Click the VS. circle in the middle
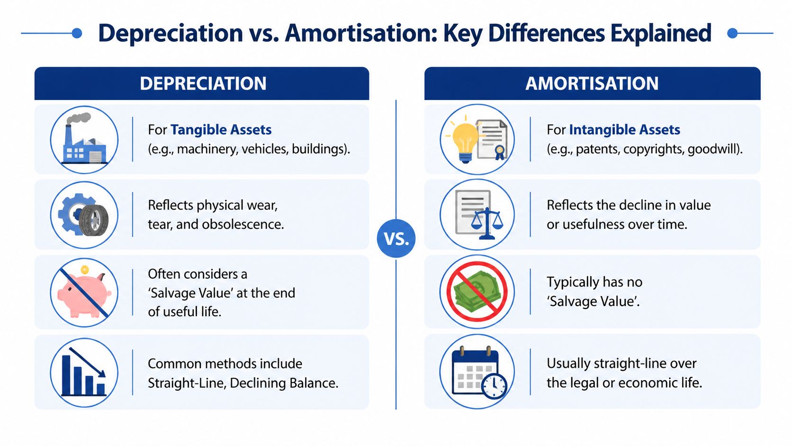(396, 238)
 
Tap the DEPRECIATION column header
(203, 83)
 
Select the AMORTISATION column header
(592, 83)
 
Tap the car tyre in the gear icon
(94, 220)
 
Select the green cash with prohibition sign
(477, 291)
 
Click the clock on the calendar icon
(494, 386)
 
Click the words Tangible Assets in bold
(221, 130)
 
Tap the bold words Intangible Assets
(624, 130)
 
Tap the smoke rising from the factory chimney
(79, 118)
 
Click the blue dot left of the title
(77, 33)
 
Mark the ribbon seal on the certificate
(499, 152)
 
